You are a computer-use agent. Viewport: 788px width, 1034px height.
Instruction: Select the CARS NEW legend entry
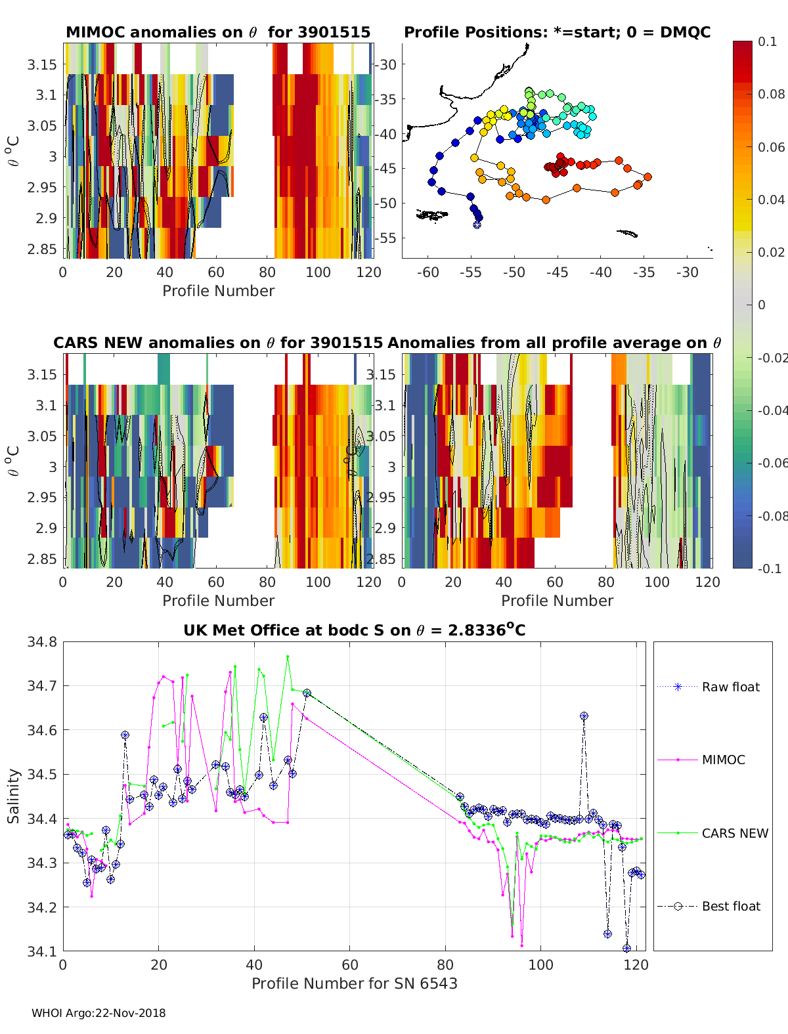click(712, 833)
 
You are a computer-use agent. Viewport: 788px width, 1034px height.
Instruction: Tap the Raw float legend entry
click(709, 687)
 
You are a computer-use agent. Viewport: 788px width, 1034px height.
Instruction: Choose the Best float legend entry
click(709, 907)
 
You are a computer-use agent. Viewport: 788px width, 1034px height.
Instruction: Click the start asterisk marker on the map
click(477, 225)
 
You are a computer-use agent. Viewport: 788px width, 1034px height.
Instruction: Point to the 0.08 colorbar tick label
click(771, 95)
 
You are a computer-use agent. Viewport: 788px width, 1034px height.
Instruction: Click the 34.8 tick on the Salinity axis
click(42, 642)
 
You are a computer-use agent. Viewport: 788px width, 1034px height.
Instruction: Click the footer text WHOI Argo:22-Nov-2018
click(98, 1013)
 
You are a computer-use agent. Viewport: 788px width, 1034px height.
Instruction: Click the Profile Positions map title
click(558, 32)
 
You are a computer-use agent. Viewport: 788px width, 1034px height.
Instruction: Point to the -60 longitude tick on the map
click(427, 272)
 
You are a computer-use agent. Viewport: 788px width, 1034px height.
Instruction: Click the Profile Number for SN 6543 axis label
click(355, 983)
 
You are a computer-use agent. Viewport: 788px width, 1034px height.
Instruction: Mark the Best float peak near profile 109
click(584, 716)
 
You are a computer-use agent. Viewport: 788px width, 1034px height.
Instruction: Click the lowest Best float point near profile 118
click(626, 948)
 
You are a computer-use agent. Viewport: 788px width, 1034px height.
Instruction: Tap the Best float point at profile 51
click(307, 693)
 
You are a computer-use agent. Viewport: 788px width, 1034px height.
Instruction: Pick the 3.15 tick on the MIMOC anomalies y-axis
click(42, 64)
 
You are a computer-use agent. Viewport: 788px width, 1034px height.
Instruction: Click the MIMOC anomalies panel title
click(218, 32)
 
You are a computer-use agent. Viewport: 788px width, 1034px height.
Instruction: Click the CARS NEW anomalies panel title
click(218, 343)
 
